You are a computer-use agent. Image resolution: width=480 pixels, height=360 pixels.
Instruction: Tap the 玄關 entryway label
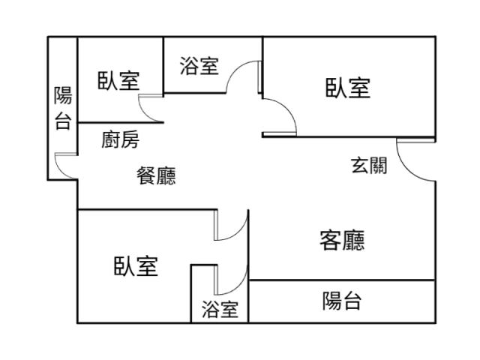(369, 165)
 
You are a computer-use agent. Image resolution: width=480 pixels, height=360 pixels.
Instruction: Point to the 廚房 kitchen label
(120, 139)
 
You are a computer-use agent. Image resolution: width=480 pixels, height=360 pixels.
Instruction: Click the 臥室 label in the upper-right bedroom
(347, 88)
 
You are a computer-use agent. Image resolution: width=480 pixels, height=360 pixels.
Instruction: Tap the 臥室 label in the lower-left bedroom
(136, 265)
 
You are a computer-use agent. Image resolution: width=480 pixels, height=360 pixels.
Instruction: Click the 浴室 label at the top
(199, 66)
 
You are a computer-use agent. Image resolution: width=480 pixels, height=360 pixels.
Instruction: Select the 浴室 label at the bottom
(220, 309)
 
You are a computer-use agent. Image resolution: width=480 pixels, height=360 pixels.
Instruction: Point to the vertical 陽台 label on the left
(63, 109)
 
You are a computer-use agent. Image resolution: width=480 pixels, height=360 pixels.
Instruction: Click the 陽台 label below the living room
(342, 301)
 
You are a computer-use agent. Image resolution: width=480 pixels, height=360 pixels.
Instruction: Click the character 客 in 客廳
(331, 241)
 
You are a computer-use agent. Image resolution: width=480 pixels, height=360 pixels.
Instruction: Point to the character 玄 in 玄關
(359, 165)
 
